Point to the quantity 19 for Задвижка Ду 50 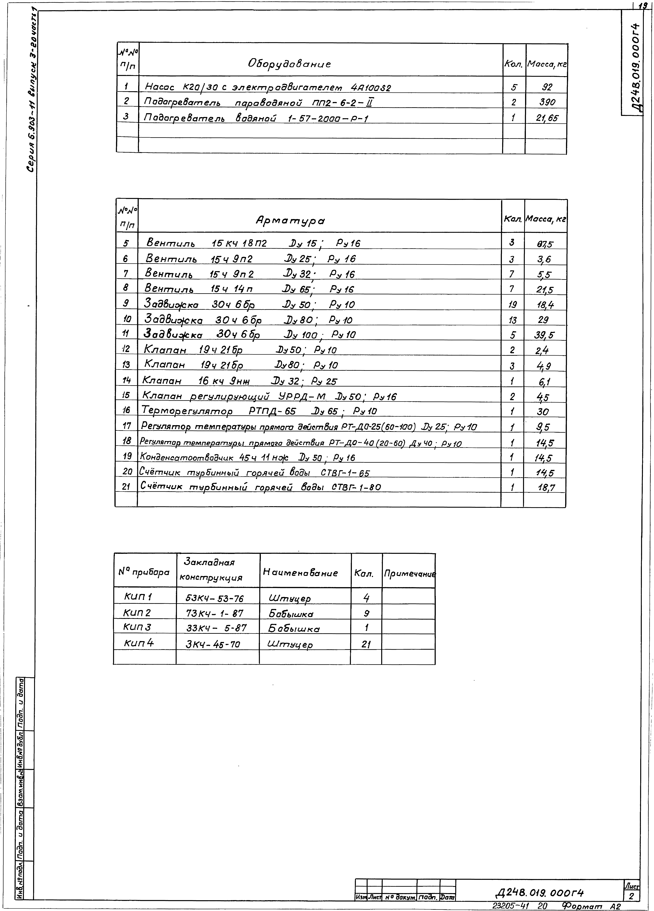click(x=512, y=305)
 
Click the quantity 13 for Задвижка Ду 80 click(x=512, y=320)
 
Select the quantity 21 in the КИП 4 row click(x=366, y=644)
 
